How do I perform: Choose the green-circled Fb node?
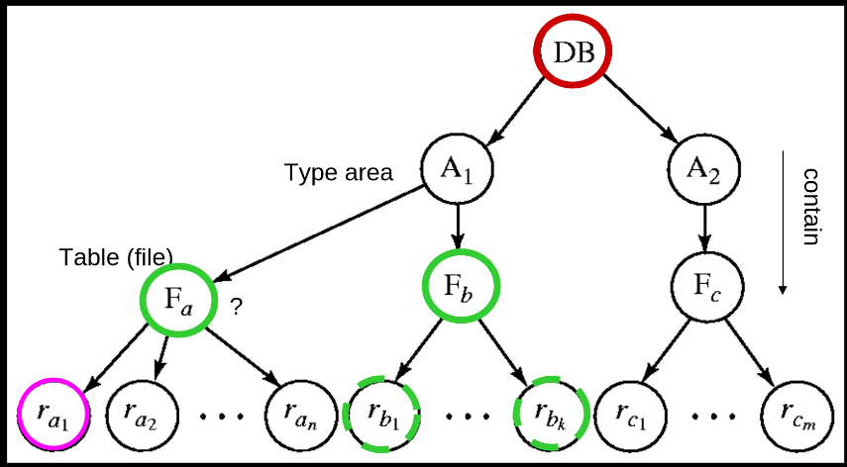point(460,287)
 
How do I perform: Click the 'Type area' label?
point(338,173)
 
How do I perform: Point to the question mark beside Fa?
point(236,307)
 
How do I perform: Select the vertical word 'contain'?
point(811,205)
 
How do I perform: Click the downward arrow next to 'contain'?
point(784,222)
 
